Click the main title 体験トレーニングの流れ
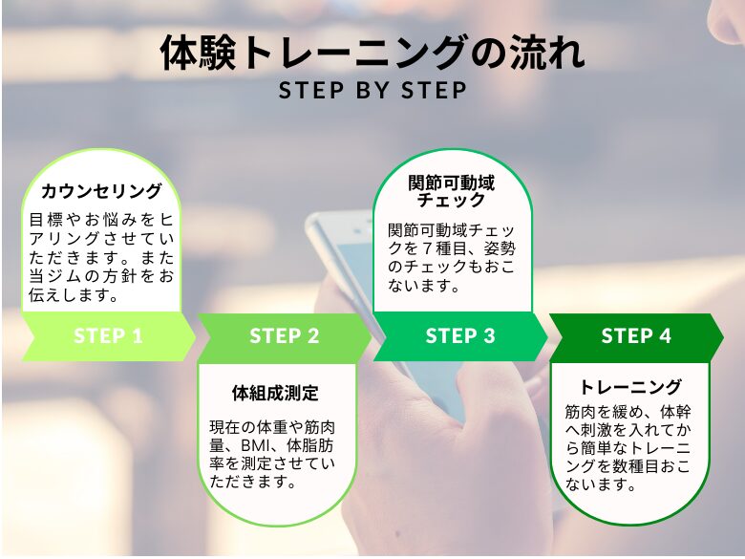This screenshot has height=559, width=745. pos(372,53)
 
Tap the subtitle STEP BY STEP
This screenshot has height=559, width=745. pos(372,91)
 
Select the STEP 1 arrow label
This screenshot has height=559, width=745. pos(108,336)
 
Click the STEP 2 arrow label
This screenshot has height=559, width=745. pos(285,336)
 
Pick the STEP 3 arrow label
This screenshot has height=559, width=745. pos(460,336)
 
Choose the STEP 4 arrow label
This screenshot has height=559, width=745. pos(636,336)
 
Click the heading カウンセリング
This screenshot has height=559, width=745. pos(101,191)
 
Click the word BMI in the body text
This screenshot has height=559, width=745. pos(255,446)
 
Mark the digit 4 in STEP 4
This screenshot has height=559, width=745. pos(665,336)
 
